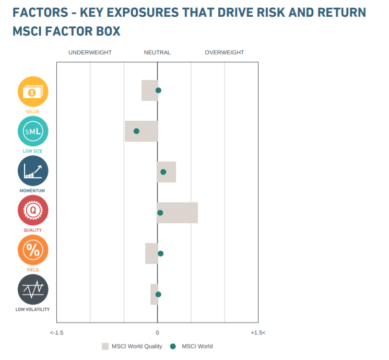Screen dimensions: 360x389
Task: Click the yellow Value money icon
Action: click(33, 91)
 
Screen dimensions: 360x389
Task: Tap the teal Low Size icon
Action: click(33, 131)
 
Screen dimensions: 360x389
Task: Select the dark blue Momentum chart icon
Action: click(33, 171)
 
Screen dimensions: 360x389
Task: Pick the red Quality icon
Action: click(33, 211)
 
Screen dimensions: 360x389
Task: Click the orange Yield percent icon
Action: click(33, 250)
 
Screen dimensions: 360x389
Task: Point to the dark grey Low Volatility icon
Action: click(33, 289)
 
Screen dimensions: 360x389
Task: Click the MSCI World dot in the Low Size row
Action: click(136, 131)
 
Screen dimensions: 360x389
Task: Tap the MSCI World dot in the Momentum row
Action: click(163, 172)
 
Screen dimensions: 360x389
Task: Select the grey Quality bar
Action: click(178, 213)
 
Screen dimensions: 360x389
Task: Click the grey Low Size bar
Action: click(141, 131)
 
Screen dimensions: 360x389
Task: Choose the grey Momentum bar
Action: click(167, 172)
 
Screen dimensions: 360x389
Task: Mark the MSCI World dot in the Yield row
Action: click(160, 253)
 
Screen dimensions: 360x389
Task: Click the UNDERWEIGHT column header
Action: click(90, 52)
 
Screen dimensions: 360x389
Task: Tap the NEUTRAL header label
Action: click(157, 52)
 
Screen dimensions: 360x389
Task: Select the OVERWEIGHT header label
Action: click(224, 52)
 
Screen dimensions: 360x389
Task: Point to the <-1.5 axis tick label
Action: click(57, 333)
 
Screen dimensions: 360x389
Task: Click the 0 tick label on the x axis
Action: click(157, 333)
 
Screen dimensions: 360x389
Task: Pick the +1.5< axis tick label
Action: click(258, 333)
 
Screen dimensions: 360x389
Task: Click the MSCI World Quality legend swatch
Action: click(105, 346)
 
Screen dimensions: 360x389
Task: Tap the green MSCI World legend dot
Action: click(173, 346)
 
